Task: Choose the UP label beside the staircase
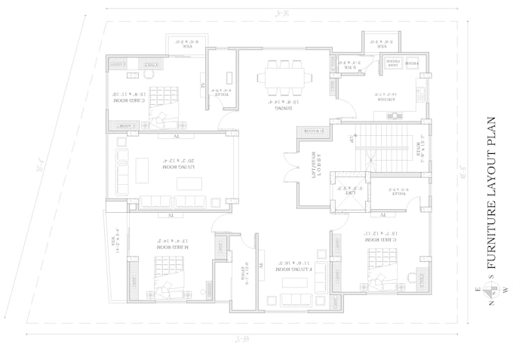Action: [x=352, y=139]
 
